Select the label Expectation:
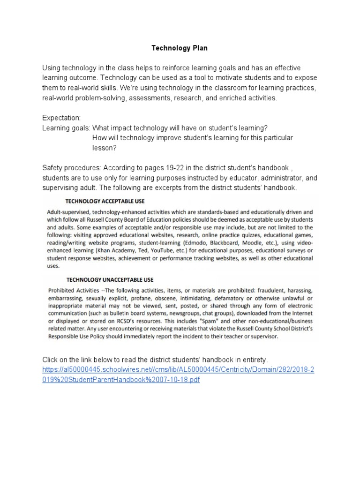[x=62, y=117]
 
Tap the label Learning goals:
[x=66, y=127]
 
